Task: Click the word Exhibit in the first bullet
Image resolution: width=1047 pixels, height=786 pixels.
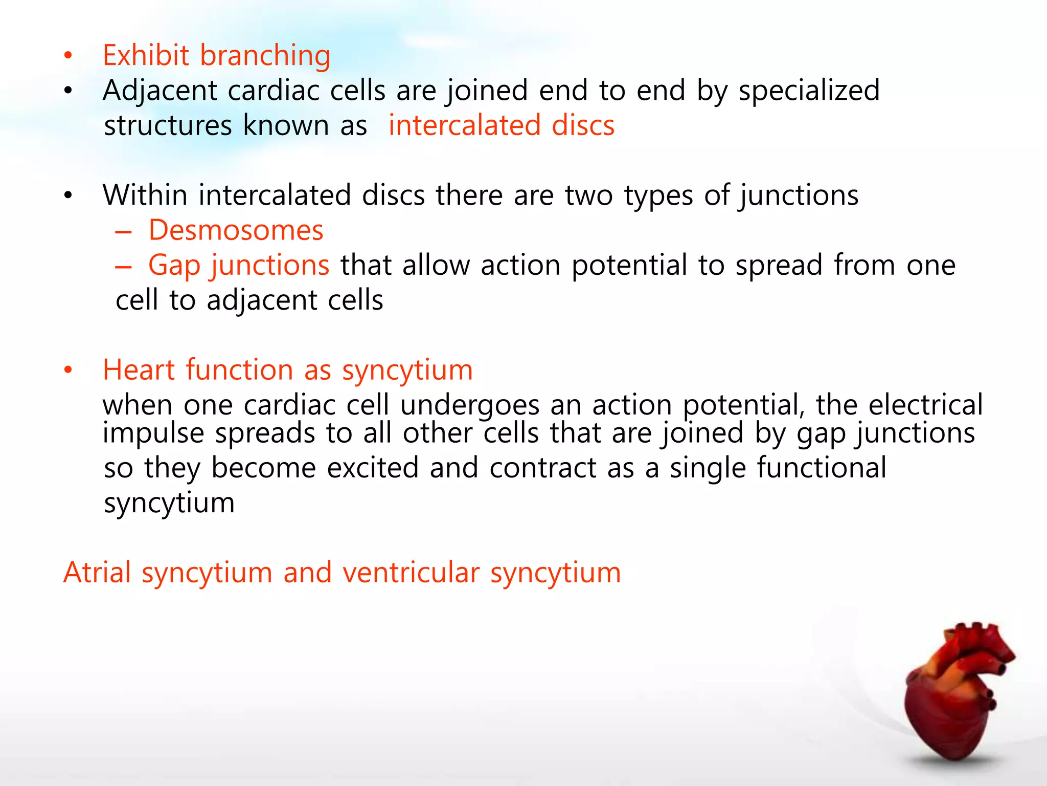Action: [146, 55]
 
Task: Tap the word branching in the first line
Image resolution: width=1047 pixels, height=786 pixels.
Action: [265, 56]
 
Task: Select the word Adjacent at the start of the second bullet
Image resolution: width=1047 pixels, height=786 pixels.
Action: [160, 91]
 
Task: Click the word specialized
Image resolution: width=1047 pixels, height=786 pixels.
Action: [809, 91]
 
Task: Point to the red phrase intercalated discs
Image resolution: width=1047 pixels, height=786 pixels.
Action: [501, 126]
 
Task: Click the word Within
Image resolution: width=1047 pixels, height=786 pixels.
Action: [145, 195]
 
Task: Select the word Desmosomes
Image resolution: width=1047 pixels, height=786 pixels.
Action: [236, 230]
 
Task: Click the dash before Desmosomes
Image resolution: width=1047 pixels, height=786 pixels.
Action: [123, 232]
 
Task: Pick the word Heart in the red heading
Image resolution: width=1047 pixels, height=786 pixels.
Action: [139, 370]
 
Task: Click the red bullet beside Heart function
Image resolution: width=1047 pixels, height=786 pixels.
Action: [68, 370]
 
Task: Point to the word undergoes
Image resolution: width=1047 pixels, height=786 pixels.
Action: [469, 406]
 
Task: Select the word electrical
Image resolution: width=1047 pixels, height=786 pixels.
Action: [925, 405]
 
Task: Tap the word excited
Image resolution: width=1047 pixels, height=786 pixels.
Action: [372, 468]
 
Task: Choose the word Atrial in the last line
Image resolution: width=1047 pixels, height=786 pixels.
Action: [97, 572]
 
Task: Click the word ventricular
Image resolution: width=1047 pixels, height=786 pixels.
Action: [411, 572]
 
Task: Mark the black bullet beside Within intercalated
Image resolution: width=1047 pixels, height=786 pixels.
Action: [68, 195]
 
